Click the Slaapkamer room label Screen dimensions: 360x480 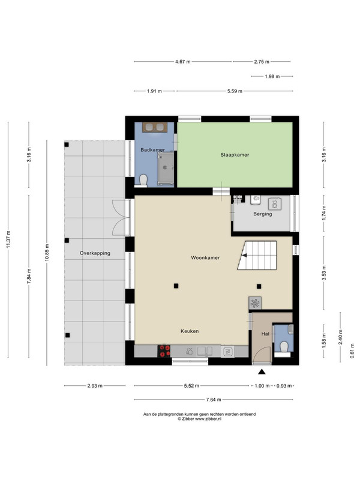click(x=235, y=155)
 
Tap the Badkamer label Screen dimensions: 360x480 click(x=153, y=149)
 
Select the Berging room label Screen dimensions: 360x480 click(x=263, y=214)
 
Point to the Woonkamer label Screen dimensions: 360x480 click(x=205, y=258)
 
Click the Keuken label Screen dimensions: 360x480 click(x=190, y=331)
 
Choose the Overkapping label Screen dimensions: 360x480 click(x=95, y=253)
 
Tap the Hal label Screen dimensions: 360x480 click(x=265, y=334)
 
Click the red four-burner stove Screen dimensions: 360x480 click(x=164, y=351)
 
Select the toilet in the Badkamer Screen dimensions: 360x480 click(x=143, y=181)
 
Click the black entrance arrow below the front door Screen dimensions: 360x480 click(x=262, y=371)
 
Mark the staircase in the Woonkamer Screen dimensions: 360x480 click(x=257, y=256)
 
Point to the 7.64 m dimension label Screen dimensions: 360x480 click(x=214, y=400)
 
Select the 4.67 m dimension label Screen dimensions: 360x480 click(x=183, y=62)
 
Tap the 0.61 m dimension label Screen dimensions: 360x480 click(x=352, y=350)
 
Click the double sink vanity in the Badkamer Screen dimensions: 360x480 click(x=155, y=127)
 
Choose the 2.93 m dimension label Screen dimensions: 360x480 click(x=95, y=386)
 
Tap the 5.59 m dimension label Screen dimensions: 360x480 click(x=235, y=91)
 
